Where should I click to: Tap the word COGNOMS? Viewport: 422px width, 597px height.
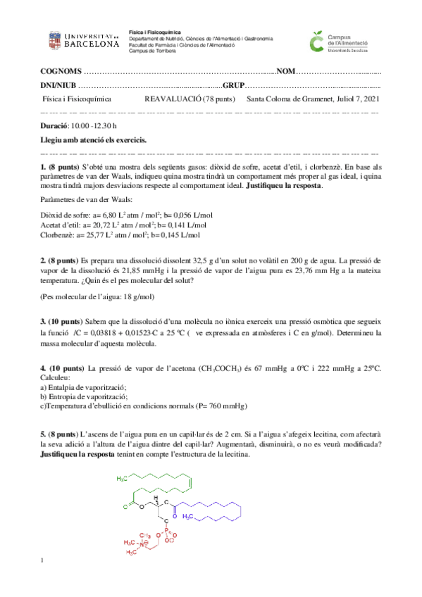(x=61, y=72)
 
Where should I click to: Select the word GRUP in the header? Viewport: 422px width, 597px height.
(x=234, y=85)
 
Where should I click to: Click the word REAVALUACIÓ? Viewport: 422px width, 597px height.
(x=172, y=99)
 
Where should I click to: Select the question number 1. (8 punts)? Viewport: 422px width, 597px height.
(x=61, y=166)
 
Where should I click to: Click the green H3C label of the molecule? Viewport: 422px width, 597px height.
(x=123, y=479)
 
